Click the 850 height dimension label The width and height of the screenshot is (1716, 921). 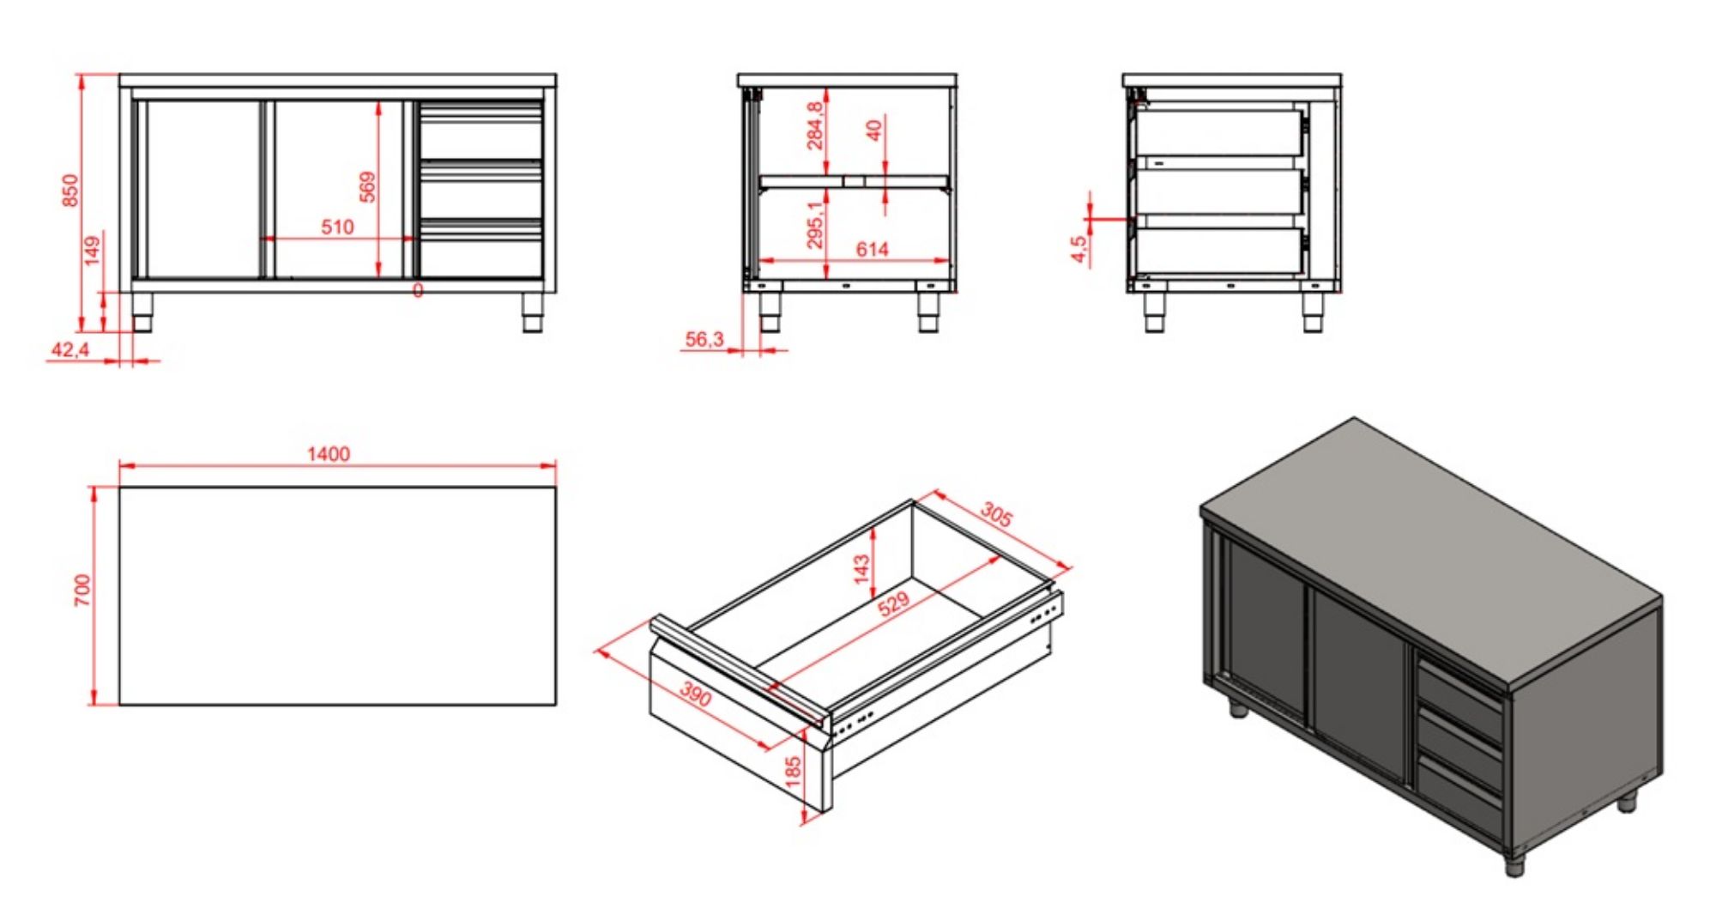(x=70, y=190)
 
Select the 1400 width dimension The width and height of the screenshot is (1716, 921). (x=329, y=453)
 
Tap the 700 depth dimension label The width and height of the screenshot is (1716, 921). (x=82, y=591)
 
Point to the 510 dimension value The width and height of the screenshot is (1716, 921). (x=337, y=227)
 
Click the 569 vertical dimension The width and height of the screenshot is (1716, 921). (x=367, y=186)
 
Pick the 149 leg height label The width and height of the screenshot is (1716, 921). (x=93, y=251)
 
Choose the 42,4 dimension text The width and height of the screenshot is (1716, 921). (x=70, y=349)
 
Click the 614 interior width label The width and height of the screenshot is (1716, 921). (x=872, y=249)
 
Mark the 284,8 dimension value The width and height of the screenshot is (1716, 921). (x=814, y=125)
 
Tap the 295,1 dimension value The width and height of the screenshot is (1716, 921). (x=814, y=225)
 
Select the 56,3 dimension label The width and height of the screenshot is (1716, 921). (x=704, y=339)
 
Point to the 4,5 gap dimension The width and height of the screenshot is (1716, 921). (x=1079, y=248)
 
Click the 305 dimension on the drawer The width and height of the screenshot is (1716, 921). (x=996, y=514)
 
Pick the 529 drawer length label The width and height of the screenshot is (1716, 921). (x=893, y=603)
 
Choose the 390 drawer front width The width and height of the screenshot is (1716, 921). (x=695, y=694)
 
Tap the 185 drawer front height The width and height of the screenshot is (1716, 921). (x=793, y=770)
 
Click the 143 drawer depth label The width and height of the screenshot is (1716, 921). (x=861, y=567)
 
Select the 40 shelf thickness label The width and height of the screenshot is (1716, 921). (x=874, y=130)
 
